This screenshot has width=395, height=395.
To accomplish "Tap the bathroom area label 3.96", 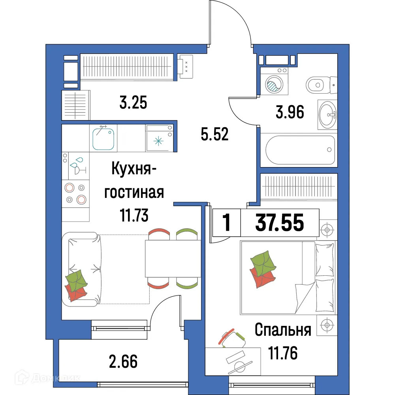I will tap(290, 113).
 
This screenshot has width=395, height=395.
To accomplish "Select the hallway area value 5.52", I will tap(214, 135).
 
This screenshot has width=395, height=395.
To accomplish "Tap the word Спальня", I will tap(283, 330).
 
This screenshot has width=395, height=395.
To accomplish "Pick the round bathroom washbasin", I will tap(327, 115).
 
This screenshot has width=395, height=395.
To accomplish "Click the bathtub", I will tap(299, 150).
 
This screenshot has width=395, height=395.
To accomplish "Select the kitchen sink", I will tap(103, 138).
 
